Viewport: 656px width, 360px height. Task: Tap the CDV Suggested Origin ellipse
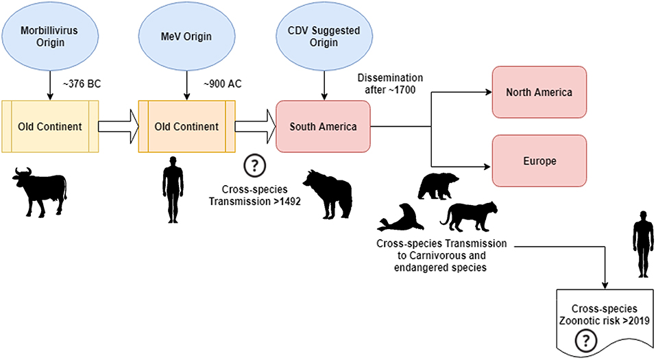323,35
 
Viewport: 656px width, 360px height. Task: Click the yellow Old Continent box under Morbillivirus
50,126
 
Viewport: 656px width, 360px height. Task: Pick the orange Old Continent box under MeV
186,126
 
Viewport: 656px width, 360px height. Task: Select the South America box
323,126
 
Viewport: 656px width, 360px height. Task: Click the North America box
539,93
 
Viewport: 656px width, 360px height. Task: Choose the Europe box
539,161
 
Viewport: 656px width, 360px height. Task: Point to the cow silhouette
40,190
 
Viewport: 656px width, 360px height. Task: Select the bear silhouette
439,185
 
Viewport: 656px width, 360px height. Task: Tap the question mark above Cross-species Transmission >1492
254,165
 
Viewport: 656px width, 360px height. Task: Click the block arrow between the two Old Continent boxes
119,126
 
